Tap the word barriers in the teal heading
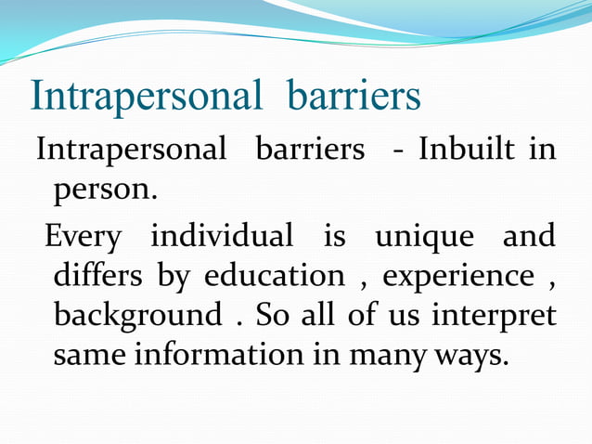[x=354, y=98]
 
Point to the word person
[x=105, y=191]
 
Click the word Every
[x=83, y=236]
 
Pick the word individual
[x=222, y=235]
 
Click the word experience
[x=458, y=278]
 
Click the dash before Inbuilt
[x=398, y=151]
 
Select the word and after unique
[x=529, y=235]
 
